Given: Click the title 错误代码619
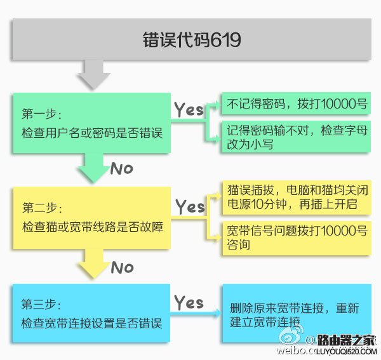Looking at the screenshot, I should (190, 40).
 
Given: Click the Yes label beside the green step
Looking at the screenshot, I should (189, 109).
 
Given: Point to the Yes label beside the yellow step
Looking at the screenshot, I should (190, 207).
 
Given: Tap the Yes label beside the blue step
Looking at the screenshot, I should (189, 302).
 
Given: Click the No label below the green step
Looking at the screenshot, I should (122, 169).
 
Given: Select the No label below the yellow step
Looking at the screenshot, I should (122, 267).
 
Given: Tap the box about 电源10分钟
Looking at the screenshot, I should (296, 197).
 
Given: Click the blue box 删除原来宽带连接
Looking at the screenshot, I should (296, 315).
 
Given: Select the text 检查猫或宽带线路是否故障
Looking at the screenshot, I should (93, 226).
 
